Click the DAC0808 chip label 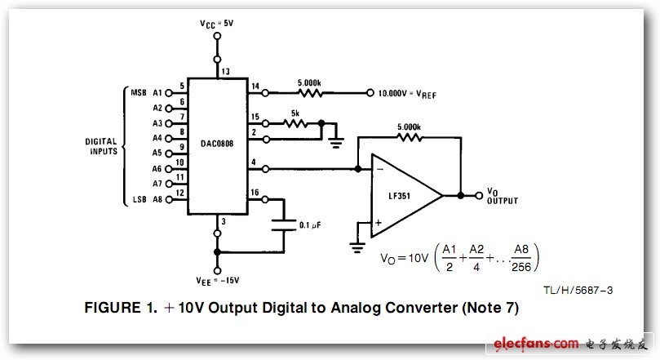pyautogui.click(x=217, y=144)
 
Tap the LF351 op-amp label pyautogui.click(x=400, y=196)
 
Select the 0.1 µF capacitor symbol pyautogui.click(x=284, y=224)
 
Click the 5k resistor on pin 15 pyautogui.click(x=295, y=123)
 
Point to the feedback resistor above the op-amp pyautogui.click(x=409, y=137)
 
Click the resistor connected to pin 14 pyautogui.click(x=309, y=92)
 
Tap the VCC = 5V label pyautogui.click(x=216, y=24)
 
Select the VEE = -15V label pyautogui.click(x=218, y=281)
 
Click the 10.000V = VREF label pyautogui.click(x=407, y=94)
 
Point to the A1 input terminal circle pyautogui.click(x=169, y=93)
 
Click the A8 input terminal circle pyautogui.click(x=169, y=199)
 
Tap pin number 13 pyautogui.click(x=226, y=71)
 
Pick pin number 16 pyautogui.click(x=255, y=193)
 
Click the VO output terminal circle pyautogui.click(x=479, y=195)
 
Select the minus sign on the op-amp pyautogui.click(x=379, y=169)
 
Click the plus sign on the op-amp pyautogui.click(x=378, y=223)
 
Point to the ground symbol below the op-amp pyautogui.click(x=357, y=247)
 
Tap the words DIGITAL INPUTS pyautogui.click(x=101, y=146)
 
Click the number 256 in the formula pyautogui.click(x=521, y=267)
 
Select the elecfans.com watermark pyautogui.click(x=536, y=343)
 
